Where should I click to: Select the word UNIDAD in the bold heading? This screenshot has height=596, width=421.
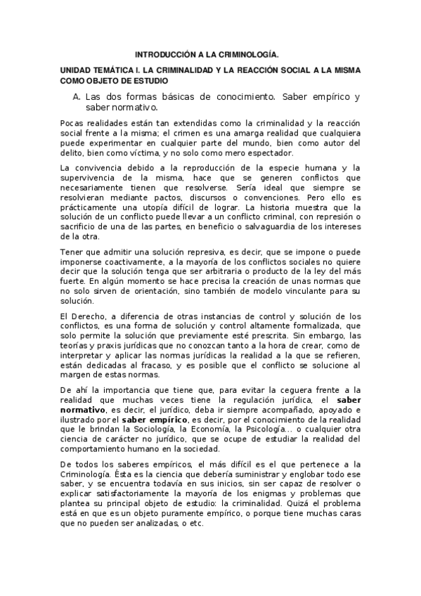point(75,72)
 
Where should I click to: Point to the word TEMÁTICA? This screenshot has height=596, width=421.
point(114,72)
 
